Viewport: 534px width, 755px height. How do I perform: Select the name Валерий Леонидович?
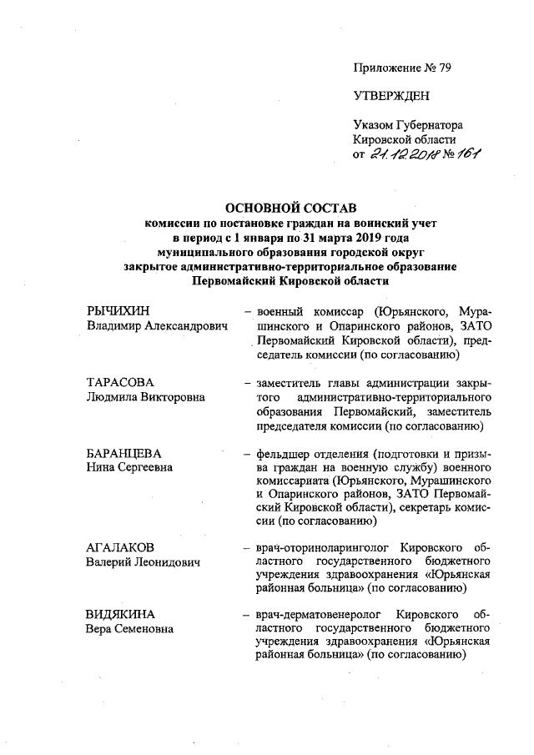(x=144, y=562)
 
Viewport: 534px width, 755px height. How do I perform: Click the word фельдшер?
(x=283, y=454)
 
